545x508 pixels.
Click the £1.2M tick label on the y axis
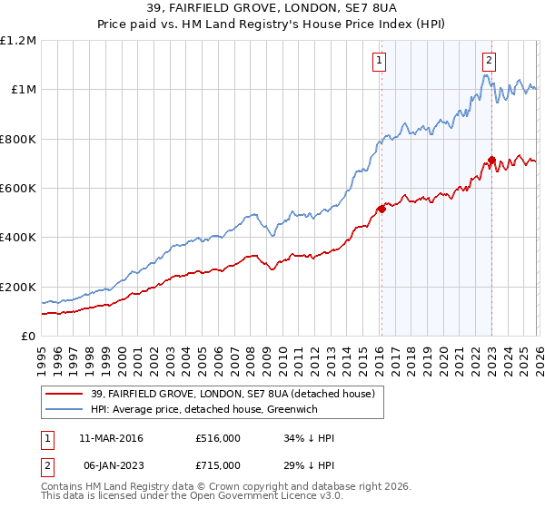[18, 41]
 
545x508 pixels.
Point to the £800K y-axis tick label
[18, 139]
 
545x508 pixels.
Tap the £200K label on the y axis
[18, 287]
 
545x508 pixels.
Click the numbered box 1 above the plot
[378, 61]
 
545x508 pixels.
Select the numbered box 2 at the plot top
[489, 61]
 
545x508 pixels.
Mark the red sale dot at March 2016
[381, 209]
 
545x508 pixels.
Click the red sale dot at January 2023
[491, 160]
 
